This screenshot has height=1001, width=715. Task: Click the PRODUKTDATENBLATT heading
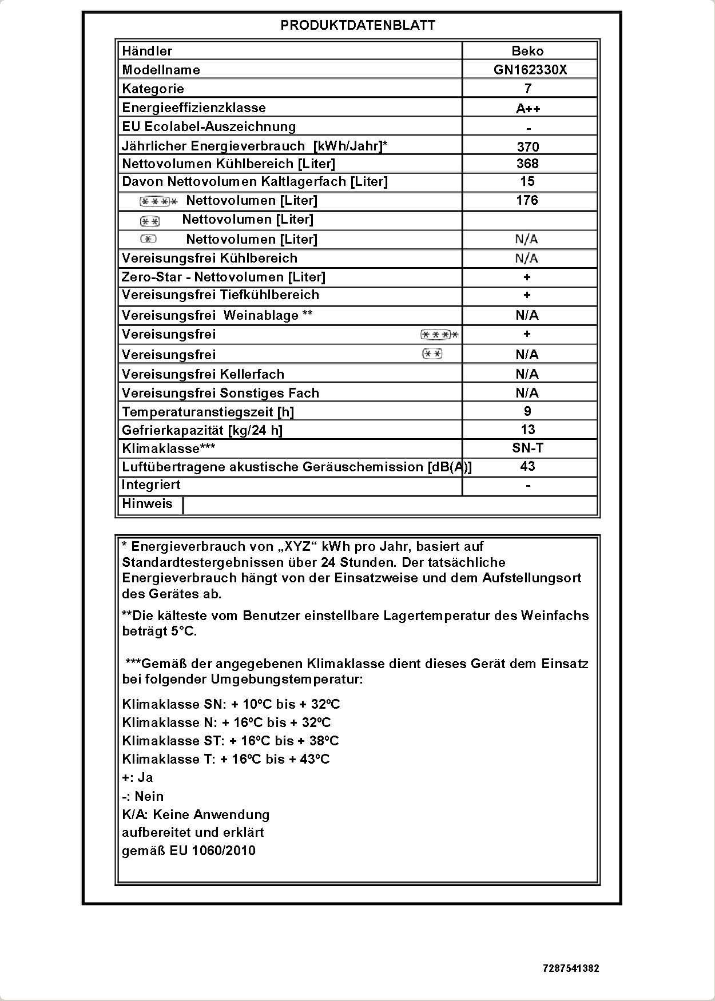pyautogui.click(x=357, y=25)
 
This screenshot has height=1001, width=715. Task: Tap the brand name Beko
pyautogui.click(x=527, y=51)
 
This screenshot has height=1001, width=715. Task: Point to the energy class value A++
pyautogui.click(x=528, y=109)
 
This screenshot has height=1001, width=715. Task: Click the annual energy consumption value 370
pyautogui.click(x=528, y=146)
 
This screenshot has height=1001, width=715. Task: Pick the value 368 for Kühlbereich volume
pyautogui.click(x=527, y=164)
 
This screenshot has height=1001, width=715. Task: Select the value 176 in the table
pyautogui.click(x=527, y=200)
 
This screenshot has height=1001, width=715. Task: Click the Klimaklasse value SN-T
pyautogui.click(x=527, y=448)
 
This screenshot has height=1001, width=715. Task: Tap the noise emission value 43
pyautogui.click(x=527, y=466)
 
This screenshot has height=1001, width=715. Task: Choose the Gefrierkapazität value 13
pyautogui.click(x=527, y=430)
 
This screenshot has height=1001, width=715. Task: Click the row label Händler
pyautogui.click(x=147, y=51)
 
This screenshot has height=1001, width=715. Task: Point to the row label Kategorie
pyautogui.click(x=153, y=89)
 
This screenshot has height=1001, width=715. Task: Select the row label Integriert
pyautogui.click(x=151, y=485)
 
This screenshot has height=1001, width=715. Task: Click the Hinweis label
pyautogui.click(x=147, y=503)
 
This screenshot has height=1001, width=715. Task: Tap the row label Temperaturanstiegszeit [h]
pyautogui.click(x=208, y=412)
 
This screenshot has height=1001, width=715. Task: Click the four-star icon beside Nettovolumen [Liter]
pyautogui.click(x=158, y=201)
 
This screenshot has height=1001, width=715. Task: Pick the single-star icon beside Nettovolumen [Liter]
pyautogui.click(x=148, y=239)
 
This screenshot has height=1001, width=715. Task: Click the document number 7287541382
pyautogui.click(x=571, y=968)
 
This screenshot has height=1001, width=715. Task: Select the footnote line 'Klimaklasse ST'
pyautogui.click(x=231, y=741)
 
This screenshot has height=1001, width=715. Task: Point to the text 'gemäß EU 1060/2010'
pyautogui.click(x=189, y=851)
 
